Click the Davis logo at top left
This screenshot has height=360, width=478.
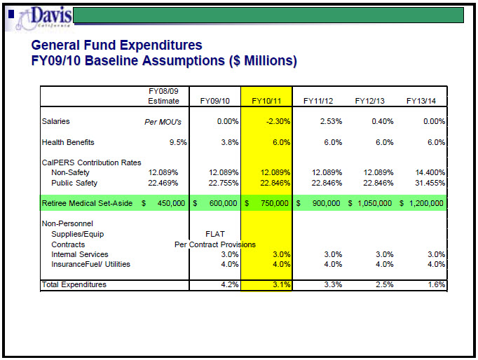[x=43, y=18]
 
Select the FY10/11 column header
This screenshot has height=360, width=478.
[x=266, y=101]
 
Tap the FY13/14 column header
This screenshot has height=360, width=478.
[x=421, y=101]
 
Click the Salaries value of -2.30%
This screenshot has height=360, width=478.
[x=278, y=122]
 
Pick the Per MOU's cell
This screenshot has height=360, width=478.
[x=163, y=122]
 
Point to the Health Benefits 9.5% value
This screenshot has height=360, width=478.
[x=178, y=142]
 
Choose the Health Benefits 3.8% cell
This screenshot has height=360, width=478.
[x=230, y=142]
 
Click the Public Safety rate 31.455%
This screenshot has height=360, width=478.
[x=430, y=183]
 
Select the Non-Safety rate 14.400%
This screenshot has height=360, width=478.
[x=430, y=173]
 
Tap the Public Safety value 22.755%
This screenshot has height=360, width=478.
[x=224, y=183]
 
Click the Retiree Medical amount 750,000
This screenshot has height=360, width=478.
[x=274, y=203]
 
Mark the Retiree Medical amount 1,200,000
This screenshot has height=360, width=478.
[x=426, y=203]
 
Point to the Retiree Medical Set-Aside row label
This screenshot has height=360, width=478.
[x=87, y=203]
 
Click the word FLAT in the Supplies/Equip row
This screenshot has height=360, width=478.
[x=215, y=234]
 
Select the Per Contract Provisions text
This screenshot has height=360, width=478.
[x=215, y=244]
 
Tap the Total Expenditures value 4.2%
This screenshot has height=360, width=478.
[x=230, y=284]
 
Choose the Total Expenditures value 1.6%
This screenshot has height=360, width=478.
[x=436, y=284]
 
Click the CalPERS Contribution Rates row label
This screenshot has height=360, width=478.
[x=91, y=162]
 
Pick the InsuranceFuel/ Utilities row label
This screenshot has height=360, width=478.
[x=90, y=264]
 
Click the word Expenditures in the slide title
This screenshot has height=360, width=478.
[x=143, y=46]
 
